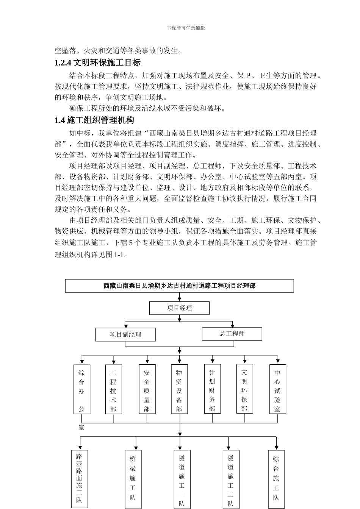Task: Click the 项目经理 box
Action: click(179, 308)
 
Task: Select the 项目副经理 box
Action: click(125, 334)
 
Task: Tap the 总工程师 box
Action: click(232, 334)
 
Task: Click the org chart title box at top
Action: click(179, 286)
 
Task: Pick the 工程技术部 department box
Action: click(113, 389)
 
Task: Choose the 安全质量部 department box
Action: click(147, 389)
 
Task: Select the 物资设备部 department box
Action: click(179, 389)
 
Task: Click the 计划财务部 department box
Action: click(212, 389)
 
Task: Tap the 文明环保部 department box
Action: click(244, 389)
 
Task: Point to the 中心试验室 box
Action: click(277, 389)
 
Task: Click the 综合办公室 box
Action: click(81, 389)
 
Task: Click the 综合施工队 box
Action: click(276, 478)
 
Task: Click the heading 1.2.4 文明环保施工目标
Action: click(97, 63)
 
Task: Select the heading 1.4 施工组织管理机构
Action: click(94, 120)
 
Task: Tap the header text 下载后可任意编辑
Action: click(186, 28)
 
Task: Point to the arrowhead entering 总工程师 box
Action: click(232, 326)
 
